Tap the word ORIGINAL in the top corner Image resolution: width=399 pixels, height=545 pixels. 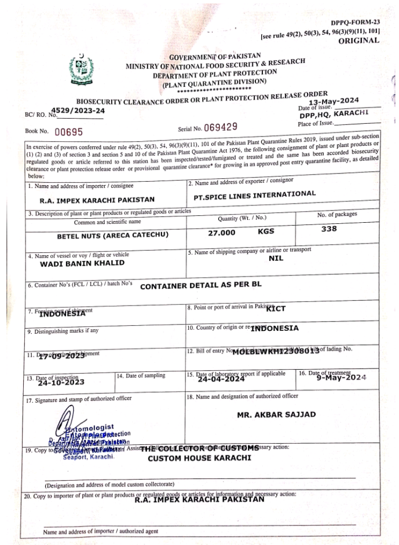[359, 41]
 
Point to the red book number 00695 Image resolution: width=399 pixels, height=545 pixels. [69, 131]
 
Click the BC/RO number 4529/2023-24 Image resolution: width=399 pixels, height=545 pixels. [78, 110]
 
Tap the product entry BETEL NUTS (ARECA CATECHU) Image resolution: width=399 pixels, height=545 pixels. [104, 236]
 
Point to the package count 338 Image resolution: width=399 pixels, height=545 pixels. [329, 229]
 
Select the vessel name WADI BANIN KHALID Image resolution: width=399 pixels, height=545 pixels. [82, 263]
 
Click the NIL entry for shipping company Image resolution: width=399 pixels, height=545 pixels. [276, 258]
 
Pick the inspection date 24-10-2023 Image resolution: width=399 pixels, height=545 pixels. [61, 382]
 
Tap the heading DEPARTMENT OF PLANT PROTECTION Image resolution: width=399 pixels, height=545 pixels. [214, 73]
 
